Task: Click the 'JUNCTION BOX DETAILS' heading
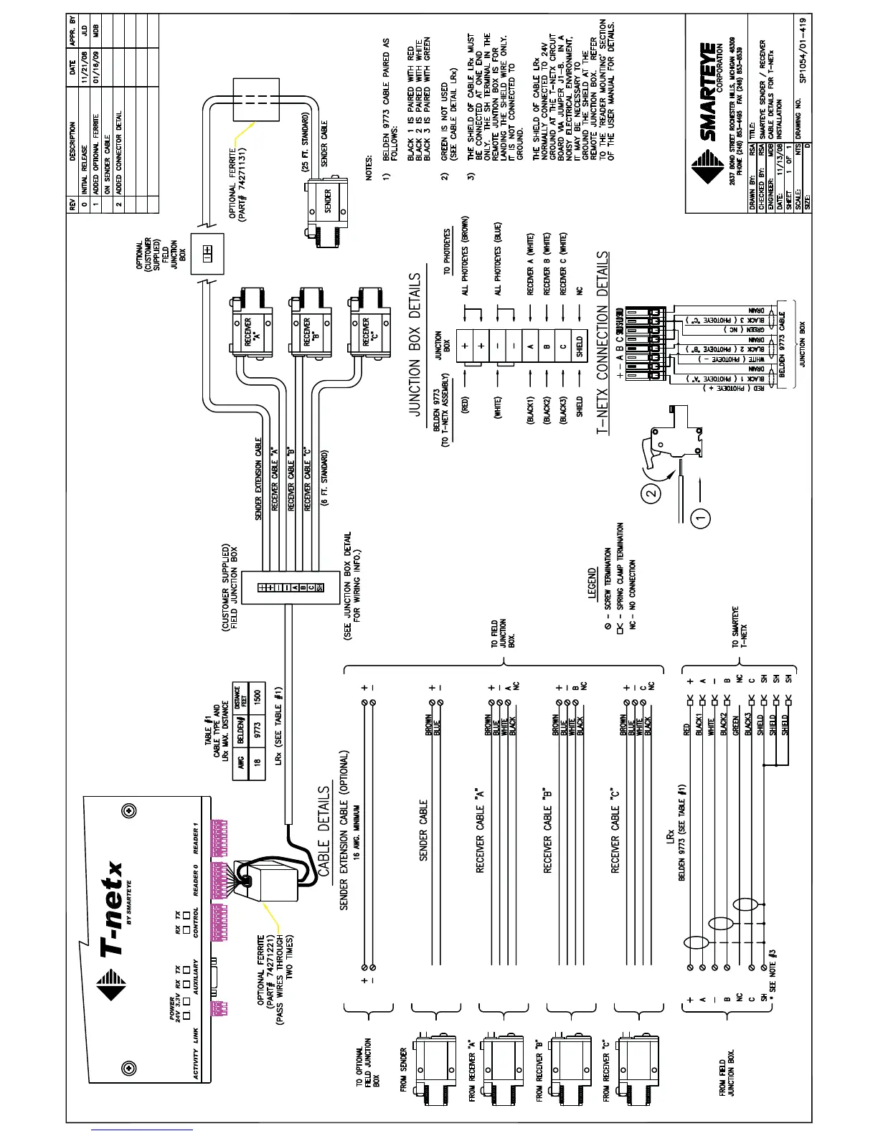point(415,344)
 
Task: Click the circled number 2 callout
point(649,493)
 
